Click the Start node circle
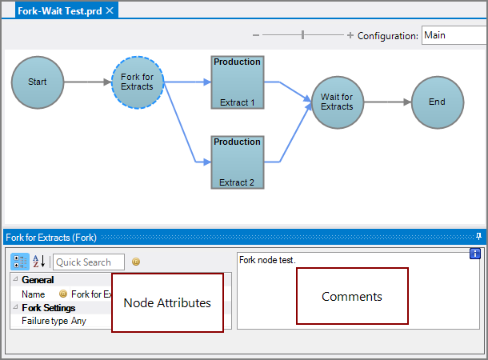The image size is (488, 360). pos(38,82)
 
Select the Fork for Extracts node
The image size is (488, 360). pos(137,82)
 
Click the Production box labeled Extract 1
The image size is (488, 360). pos(238,82)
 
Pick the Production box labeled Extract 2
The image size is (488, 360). pos(238,162)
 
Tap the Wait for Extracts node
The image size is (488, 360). pos(337,102)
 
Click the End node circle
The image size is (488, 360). pos(437,102)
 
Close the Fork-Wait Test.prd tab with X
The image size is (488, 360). pos(110,10)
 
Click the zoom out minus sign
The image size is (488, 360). pos(256,35)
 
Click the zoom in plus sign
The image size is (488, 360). pos(350,35)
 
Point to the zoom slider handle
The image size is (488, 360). pos(302,35)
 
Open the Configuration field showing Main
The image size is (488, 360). pos(453,35)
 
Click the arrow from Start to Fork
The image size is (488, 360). pos(88,82)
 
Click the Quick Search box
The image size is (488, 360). pos(89,262)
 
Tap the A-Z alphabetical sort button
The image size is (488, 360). pos(38,262)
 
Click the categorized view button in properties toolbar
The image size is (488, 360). pos(20,262)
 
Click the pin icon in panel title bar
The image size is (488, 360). pos(478,237)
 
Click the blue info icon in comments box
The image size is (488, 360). pos(474,254)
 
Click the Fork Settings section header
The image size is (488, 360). pos(49,308)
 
